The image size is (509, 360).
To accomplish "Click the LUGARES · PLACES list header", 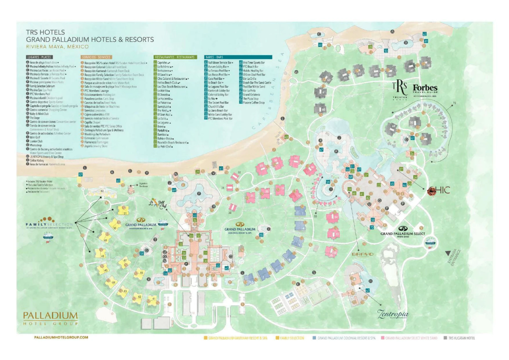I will click(x=39, y=57).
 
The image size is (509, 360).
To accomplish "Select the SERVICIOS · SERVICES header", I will click(x=96, y=57).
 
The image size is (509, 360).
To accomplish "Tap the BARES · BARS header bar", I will click(x=238, y=57).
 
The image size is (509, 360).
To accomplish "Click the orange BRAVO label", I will click(x=362, y=254).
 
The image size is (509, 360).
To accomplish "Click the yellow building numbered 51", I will click(x=124, y=211).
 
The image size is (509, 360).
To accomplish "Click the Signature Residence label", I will click(x=143, y=185).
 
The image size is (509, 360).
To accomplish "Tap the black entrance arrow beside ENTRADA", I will click(x=448, y=253).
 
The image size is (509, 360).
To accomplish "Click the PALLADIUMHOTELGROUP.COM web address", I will click(x=61, y=337).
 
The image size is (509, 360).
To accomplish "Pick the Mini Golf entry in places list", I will click(x=35, y=137).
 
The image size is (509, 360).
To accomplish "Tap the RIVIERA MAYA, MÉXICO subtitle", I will click(x=57, y=47).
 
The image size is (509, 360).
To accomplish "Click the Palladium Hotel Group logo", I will click(x=50, y=318).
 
